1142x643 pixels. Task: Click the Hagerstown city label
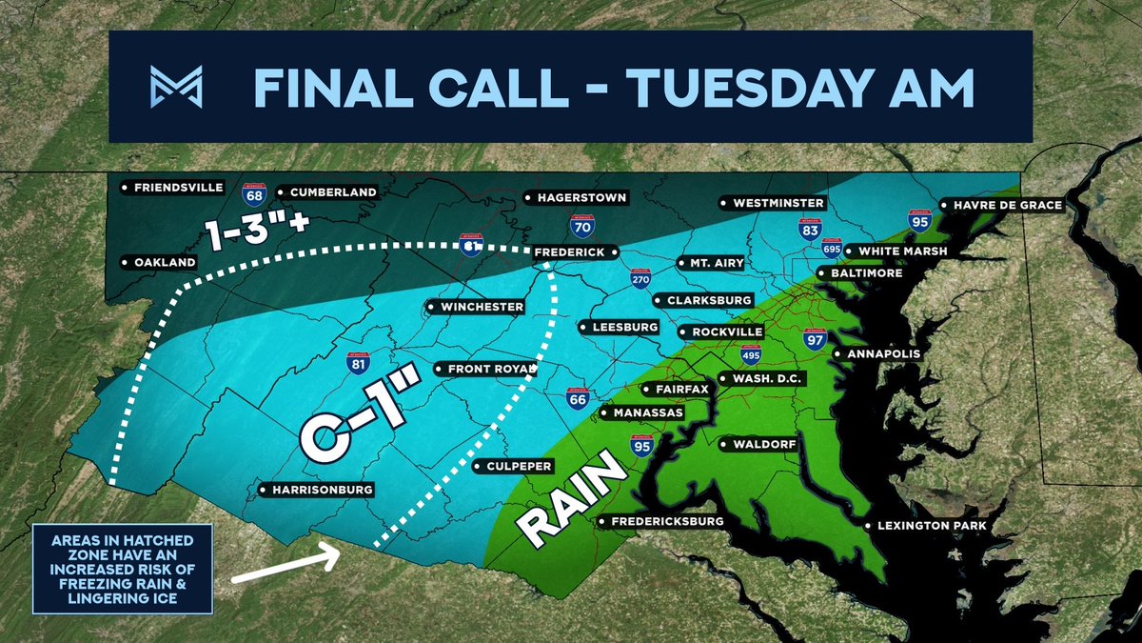click(x=581, y=198)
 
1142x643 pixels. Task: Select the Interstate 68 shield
click(x=254, y=194)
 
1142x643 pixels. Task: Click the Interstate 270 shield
click(x=640, y=278)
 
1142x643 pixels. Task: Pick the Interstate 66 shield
click(x=576, y=399)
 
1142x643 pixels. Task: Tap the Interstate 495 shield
click(x=752, y=355)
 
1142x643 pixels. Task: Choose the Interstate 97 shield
click(x=815, y=338)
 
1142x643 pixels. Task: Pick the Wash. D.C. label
click(x=768, y=378)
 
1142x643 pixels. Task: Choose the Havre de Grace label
click(x=1008, y=205)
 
